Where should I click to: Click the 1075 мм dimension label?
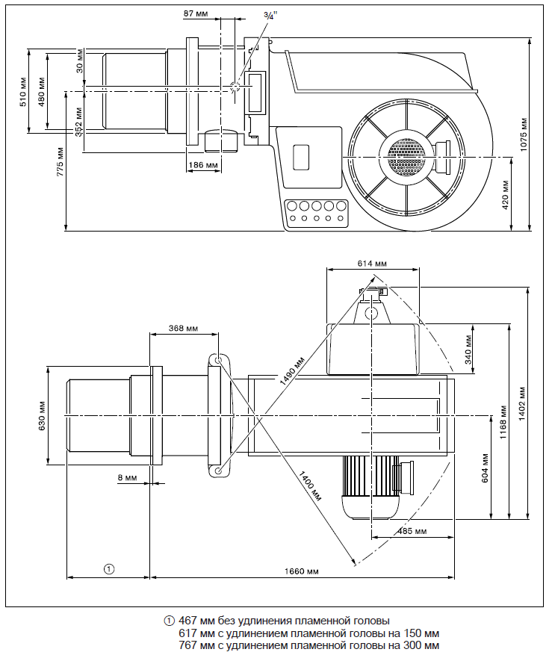coord(524,134)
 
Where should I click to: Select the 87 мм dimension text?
coord(196,14)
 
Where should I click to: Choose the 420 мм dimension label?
coord(506,193)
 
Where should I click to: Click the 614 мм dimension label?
coord(372,264)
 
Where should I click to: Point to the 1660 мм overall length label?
coord(303,571)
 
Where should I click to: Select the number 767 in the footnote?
coord(187,645)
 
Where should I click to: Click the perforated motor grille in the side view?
coord(406,156)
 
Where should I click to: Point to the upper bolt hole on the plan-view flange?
coord(218,361)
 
